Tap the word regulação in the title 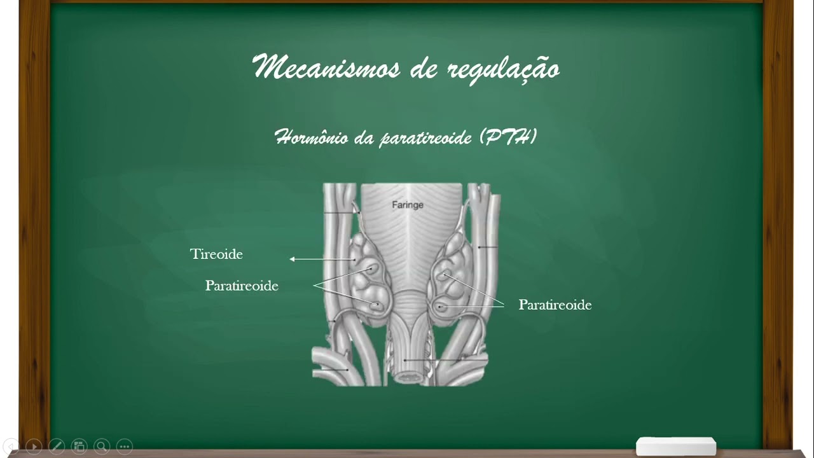point(503,69)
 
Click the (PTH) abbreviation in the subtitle point(509,136)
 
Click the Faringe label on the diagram point(407,205)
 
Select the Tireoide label point(216,254)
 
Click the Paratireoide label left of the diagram point(242,286)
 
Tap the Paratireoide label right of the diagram point(555,305)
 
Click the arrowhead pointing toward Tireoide point(293,259)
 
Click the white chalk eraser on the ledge point(675,446)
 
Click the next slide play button point(34,447)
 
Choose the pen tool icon point(56,447)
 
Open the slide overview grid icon point(79,447)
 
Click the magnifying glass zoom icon point(102,447)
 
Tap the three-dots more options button point(125,447)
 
